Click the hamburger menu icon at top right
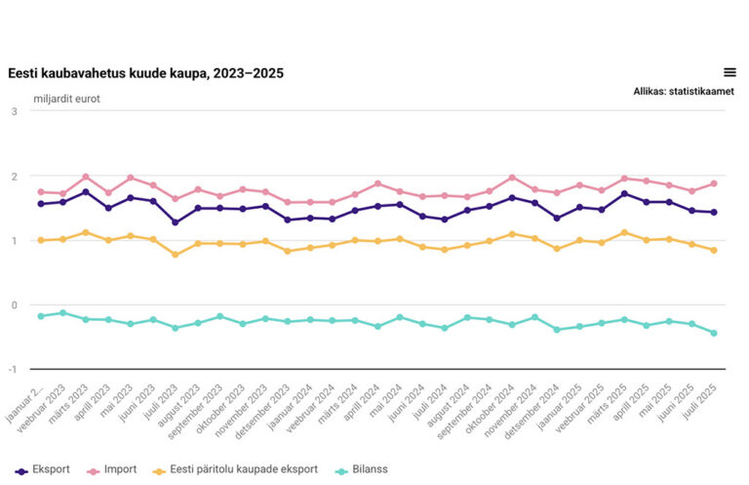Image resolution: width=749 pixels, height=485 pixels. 729,72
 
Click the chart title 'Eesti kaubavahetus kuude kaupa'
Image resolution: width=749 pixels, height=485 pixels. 146,73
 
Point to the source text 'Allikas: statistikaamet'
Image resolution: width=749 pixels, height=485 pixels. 684,92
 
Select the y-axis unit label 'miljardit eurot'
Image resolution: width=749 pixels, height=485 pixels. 66,99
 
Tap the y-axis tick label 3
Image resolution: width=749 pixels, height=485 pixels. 14,111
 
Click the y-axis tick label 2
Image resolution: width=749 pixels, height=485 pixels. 14,176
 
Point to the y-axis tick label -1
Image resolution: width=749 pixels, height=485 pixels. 13,369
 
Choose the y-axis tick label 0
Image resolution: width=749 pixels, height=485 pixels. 14,304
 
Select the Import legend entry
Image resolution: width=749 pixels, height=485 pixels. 112,469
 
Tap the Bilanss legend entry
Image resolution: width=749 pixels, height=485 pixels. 361,469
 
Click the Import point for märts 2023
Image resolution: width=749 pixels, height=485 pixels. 86,177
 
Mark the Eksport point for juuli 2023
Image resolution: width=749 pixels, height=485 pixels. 176,222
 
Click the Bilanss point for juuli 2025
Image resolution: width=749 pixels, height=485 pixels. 714,333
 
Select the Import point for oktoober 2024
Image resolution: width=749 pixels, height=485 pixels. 512,178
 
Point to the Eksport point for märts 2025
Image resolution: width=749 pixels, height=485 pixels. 624,193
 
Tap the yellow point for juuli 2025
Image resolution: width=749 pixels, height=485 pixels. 714,250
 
